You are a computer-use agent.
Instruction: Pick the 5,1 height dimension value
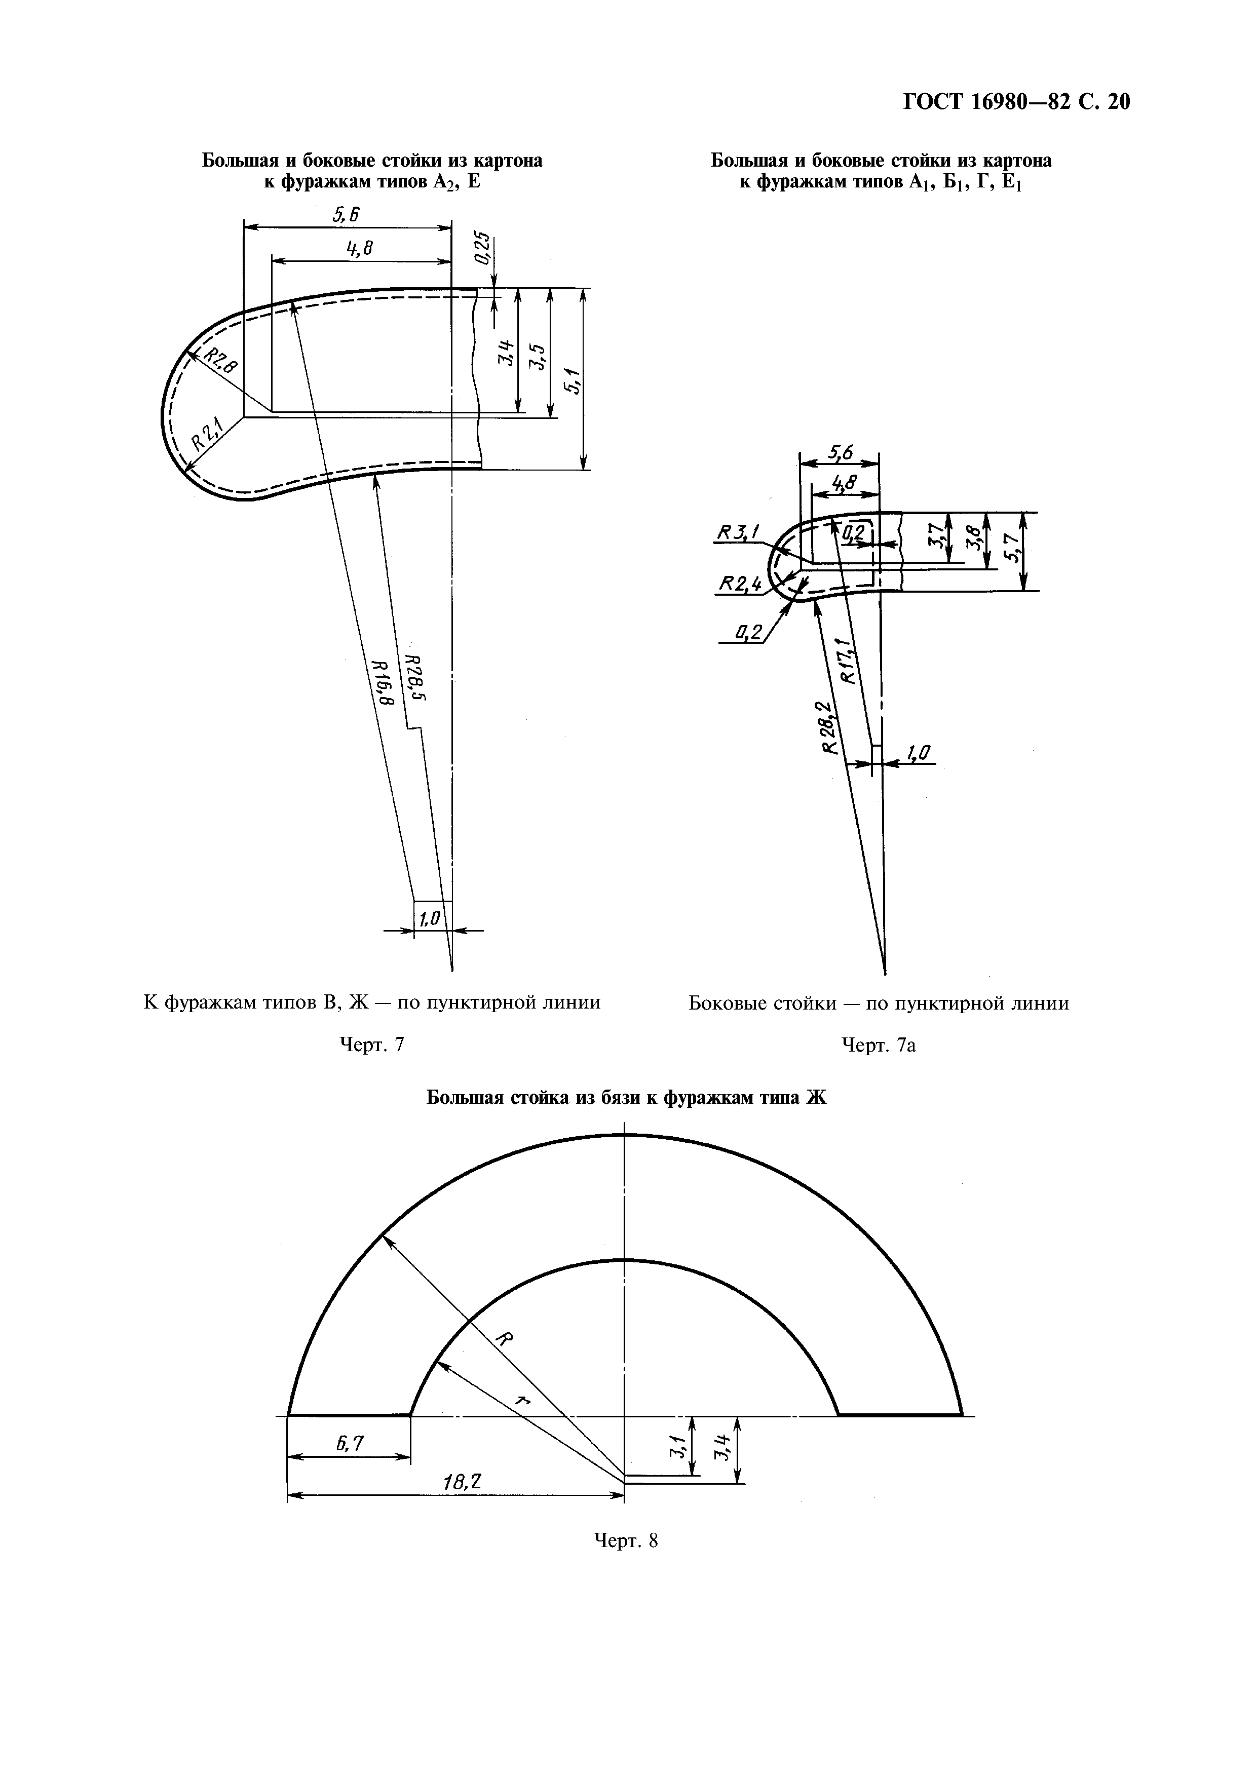tap(574, 381)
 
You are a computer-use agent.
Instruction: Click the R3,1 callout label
tap(740, 532)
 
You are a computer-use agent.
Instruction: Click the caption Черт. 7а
tap(879, 1047)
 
